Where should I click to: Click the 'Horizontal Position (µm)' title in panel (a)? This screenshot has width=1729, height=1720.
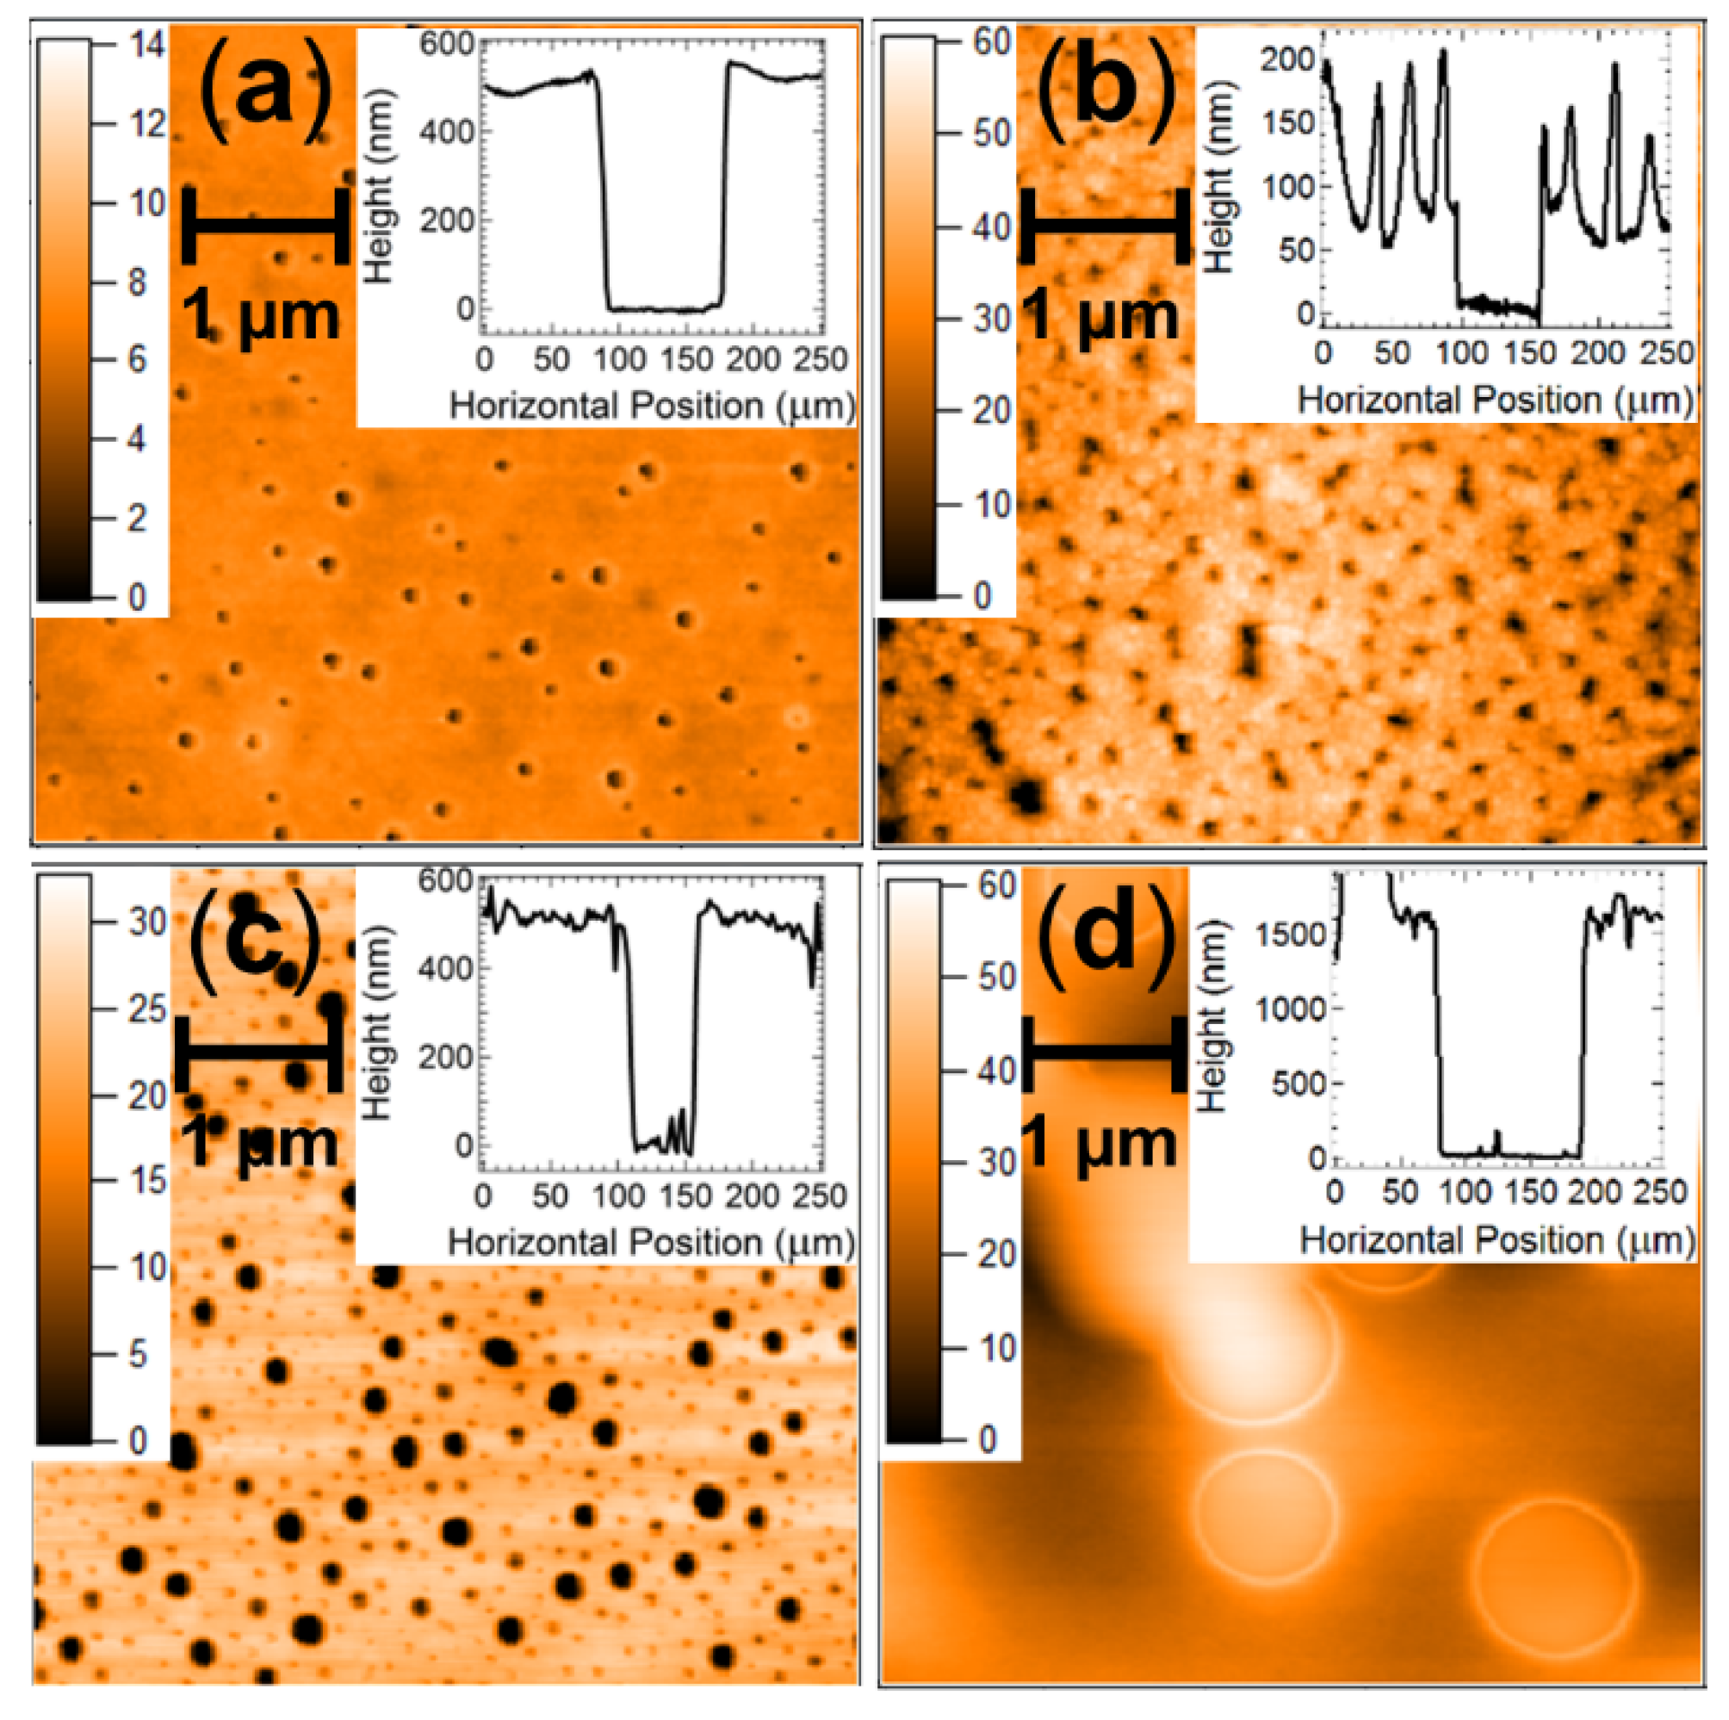(x=652, y=406)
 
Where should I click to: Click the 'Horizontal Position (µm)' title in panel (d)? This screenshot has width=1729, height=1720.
(x=1497, y=1240)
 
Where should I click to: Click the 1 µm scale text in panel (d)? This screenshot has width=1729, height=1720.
(x=1098, y=1145)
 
